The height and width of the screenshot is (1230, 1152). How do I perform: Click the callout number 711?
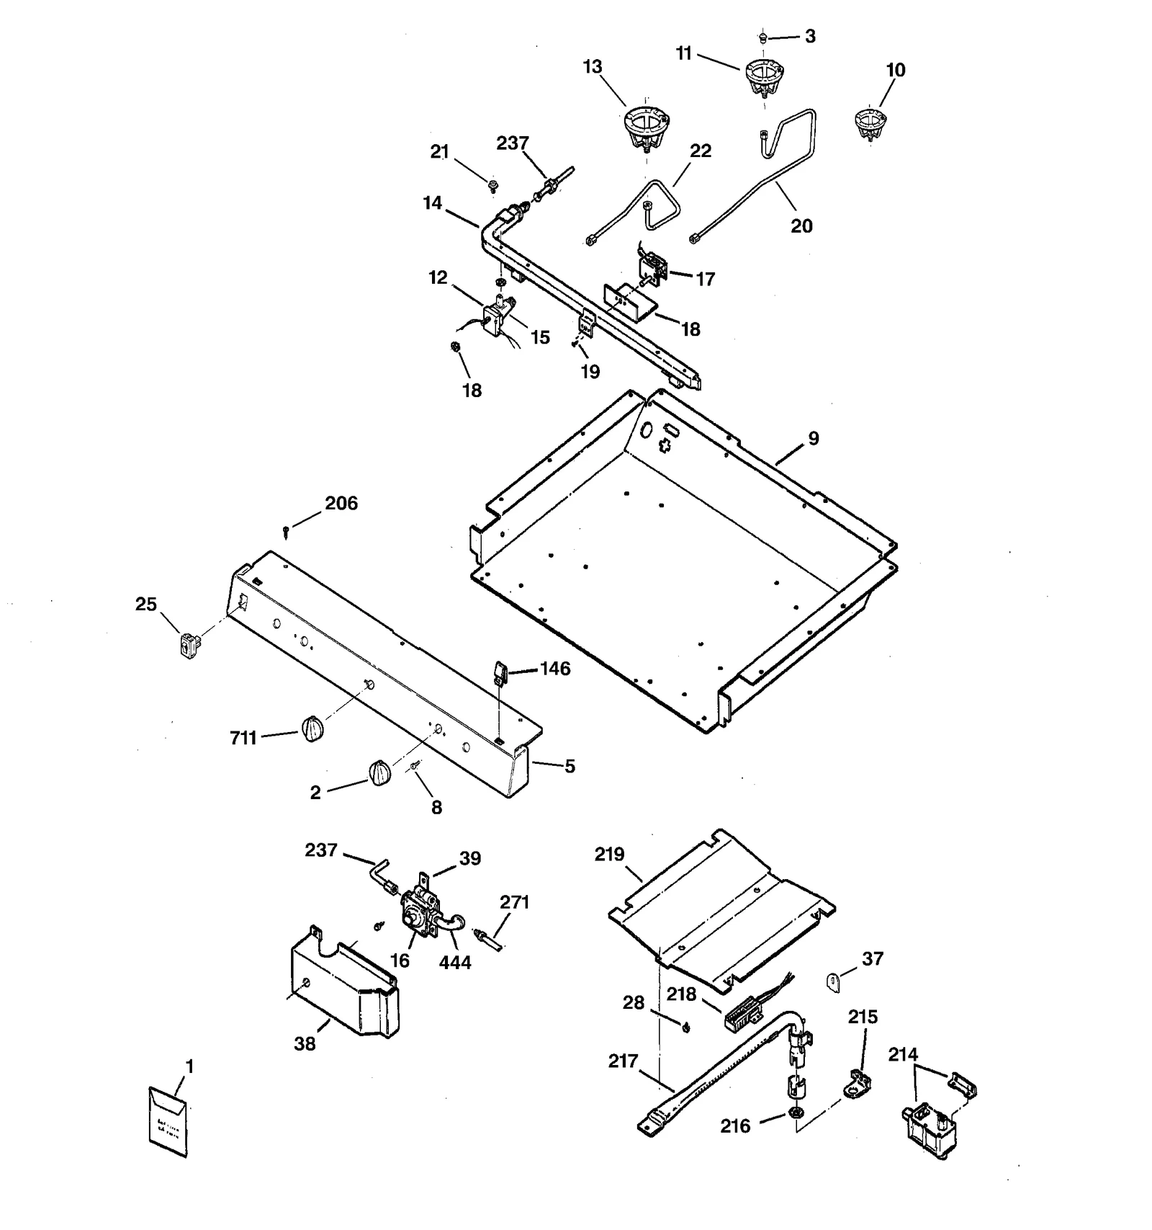(x=243, y=738)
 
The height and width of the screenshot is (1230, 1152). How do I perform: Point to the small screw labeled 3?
(x=764, y=37)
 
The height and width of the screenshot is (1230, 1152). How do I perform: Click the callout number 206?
(x=341, y=503)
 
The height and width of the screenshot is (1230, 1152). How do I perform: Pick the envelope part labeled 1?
(x=168, y=1121)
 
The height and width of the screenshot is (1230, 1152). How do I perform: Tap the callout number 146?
(x=554, y=669)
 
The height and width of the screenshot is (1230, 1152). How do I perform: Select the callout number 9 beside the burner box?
(x=813, y=438)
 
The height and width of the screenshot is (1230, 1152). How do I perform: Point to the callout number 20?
(x=801, y=226)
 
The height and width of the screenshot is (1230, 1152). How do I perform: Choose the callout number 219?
(x=609, y=855)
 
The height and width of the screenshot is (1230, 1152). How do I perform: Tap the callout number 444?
(x=455, y=962)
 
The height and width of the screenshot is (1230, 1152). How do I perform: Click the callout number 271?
(x=514, y=901)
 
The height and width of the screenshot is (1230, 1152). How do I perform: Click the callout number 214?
(x=903, y=1055)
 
